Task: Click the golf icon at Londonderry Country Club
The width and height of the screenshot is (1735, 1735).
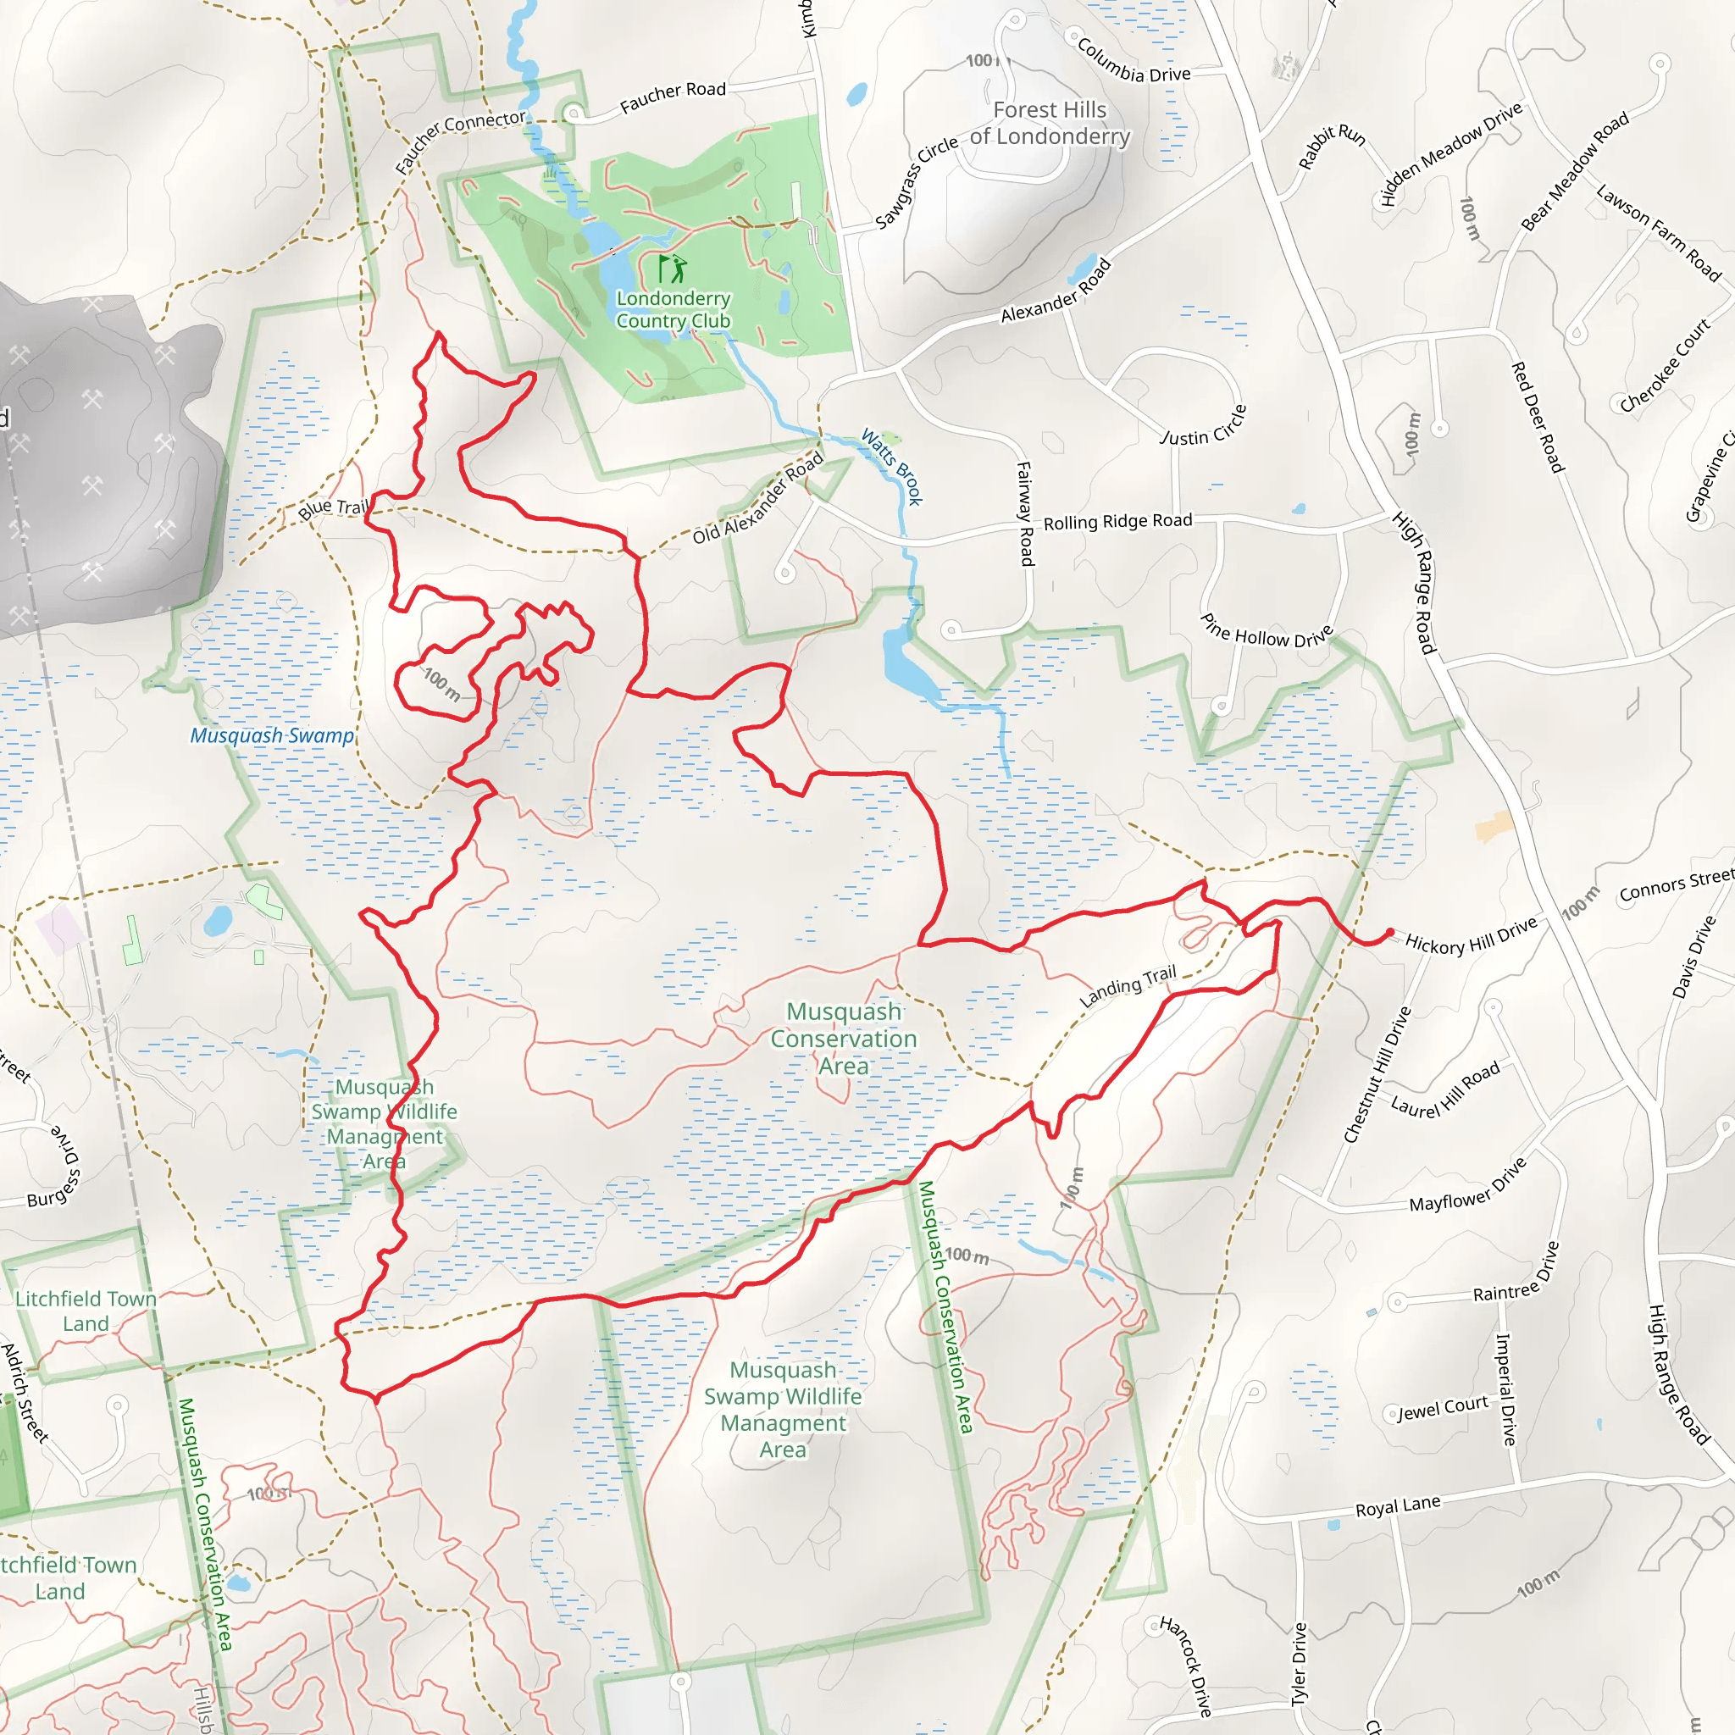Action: [x=672, y=268]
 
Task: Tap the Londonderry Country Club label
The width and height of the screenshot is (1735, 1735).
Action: [x=673, y=310]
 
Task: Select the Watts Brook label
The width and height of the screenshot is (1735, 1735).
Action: [x=892, y=466]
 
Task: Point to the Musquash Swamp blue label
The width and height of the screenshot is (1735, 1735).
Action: [x=272, y=735]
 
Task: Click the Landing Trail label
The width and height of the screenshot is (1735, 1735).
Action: [x=1127, y=986]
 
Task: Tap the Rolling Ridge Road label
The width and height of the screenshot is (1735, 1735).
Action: [x=1117, y=522]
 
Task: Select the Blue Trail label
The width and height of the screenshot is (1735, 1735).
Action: [x=334, y=508]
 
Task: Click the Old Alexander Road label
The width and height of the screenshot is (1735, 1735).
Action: [x=758, y=498]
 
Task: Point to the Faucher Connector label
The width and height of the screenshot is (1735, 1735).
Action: [x=460, y=140]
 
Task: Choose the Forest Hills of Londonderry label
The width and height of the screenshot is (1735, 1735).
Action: [x=1050, y=123]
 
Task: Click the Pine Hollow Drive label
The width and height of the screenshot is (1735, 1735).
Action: [x=1267, y=631]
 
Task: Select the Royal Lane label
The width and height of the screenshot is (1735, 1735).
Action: [x=1397, y=1506]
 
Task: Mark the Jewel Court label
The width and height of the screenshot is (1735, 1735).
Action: [x=1442, y=1409]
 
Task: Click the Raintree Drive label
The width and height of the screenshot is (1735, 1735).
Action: [x=1516, y=1273]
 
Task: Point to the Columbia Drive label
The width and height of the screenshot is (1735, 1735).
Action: [x=1134, y=61]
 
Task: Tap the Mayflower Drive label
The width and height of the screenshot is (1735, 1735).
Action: [x=1467, y=1185]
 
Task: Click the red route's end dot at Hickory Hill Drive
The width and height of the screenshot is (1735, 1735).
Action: [x=1389, y=932]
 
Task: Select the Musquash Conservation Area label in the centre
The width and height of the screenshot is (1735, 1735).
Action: [x=843, y=1039]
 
